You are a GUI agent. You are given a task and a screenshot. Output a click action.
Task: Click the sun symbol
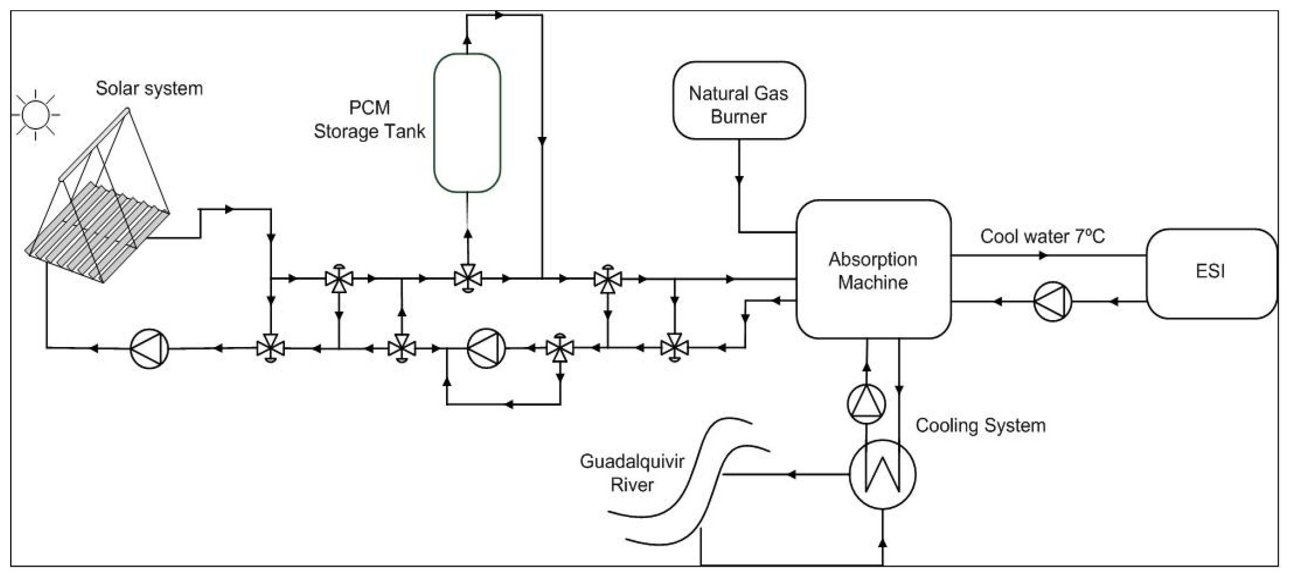coord(35,115)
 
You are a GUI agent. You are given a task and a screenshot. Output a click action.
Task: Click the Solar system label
coord(149,88)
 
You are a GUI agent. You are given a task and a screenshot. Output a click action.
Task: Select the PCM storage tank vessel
coord(467,122)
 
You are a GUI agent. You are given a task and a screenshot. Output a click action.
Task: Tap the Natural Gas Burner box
coord(739,101)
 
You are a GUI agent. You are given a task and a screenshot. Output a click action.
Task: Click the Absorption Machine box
coord(873,270)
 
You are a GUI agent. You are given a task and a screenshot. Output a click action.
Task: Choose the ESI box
coord(1211,273)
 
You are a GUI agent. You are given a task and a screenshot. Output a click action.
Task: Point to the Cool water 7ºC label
coord(1042,236)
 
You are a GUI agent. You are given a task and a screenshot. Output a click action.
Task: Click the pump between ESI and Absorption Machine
coord(1052,302)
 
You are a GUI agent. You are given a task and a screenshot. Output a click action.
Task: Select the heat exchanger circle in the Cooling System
coord(882,475)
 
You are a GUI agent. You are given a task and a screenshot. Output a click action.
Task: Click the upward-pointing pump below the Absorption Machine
coord(866,404)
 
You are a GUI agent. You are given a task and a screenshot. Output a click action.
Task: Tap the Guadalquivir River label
coord(632,473)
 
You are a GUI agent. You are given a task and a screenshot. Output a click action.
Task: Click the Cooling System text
coord(980,425)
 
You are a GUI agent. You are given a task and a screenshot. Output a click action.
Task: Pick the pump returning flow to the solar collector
coord(149,349)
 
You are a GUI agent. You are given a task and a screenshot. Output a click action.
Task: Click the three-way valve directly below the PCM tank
coord(468,279)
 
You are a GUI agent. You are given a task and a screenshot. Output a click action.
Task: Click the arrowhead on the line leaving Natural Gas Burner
coord(739,180)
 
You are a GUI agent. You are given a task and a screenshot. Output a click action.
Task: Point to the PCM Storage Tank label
coord(369,119)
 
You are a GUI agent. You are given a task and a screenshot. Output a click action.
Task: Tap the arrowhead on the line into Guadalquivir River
coord(791,475)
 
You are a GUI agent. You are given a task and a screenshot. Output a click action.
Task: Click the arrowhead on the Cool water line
coord(1043,256)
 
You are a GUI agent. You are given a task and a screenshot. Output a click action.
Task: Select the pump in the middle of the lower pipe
coord(486,349)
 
